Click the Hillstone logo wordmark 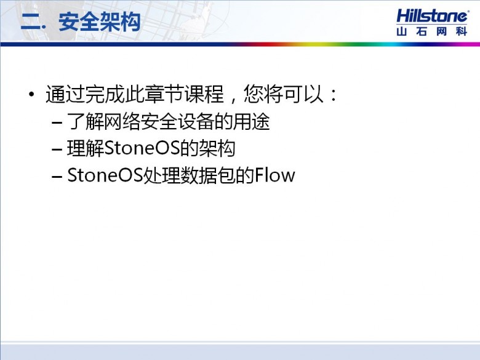pyautogui.click(x=432, y=16)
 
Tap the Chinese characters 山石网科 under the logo pyautogui.click(x=431, y=31)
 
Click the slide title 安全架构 pyautogui.click(x=100, y=22)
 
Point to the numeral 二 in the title pyautogui.click(x=31, y=22)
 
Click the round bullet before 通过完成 pyautogui.click(x=31, y=94)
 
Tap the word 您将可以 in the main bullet pyautogui.click(x=284, y=94)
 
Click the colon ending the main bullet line pyautogui.click(x=334, y=95)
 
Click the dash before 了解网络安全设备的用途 pyautogui.click(x=57, y=122)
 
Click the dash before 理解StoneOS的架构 pyautogui.click(x=57, y=150)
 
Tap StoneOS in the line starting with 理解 pyautogui.click(x=142, y=148)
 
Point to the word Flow pyautogui.click(x=274, y=175)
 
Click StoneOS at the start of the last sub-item pyautogui.click(x=105, y=175)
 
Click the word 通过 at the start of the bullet pyautogui.click(x=65, y=94)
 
